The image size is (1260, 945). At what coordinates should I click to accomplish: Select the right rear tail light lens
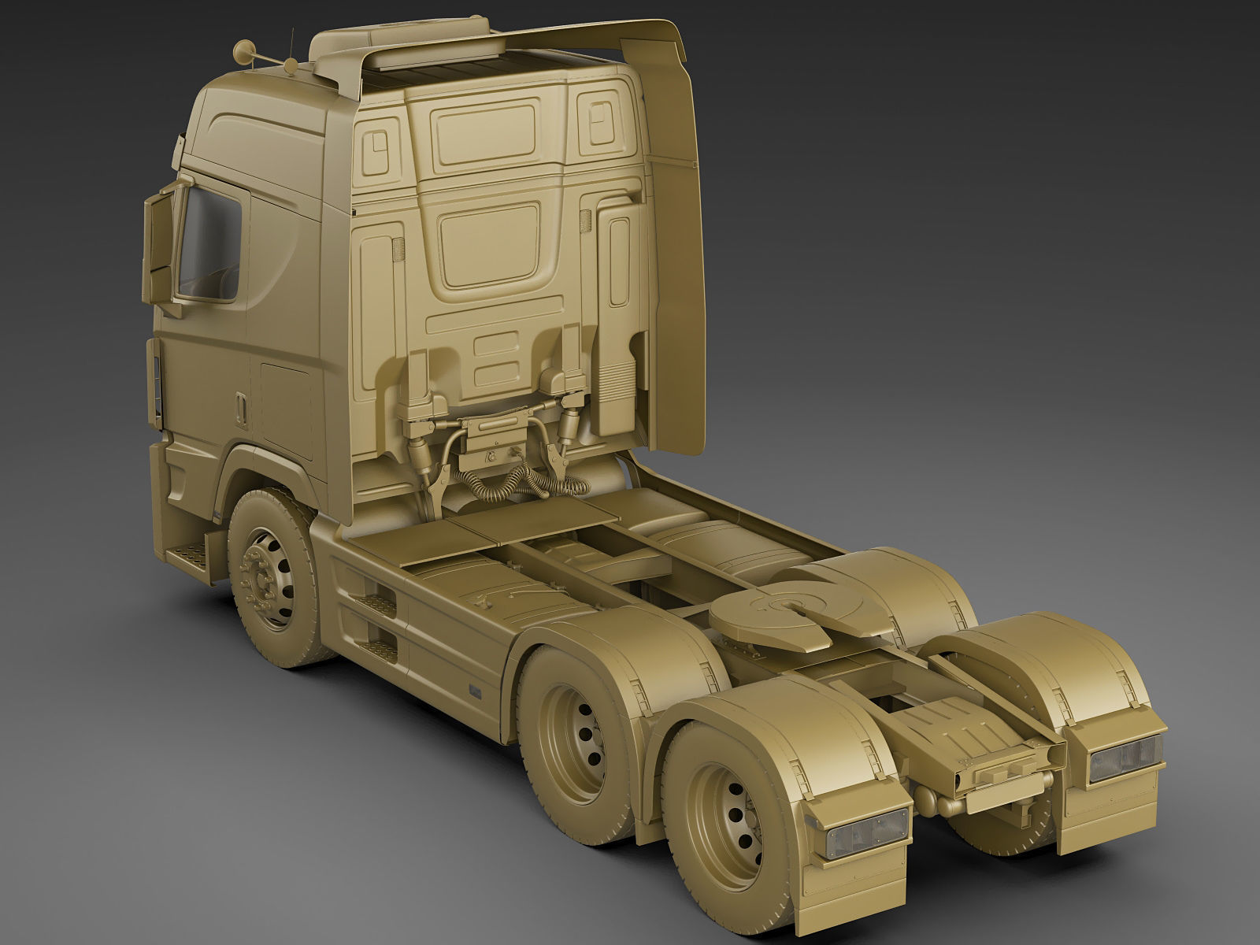tap(1126, 759)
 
